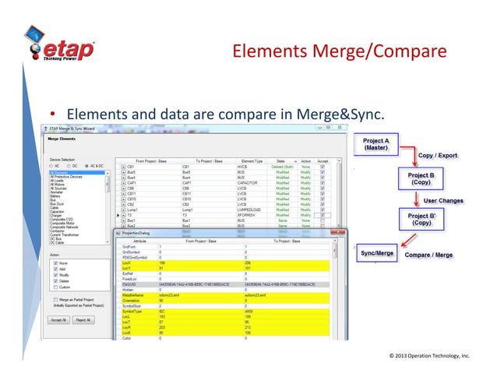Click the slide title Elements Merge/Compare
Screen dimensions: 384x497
(x=340, y=52)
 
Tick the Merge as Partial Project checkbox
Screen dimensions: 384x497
(x=53, y=299)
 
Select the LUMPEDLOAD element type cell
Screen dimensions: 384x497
(x=260, y=210)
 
